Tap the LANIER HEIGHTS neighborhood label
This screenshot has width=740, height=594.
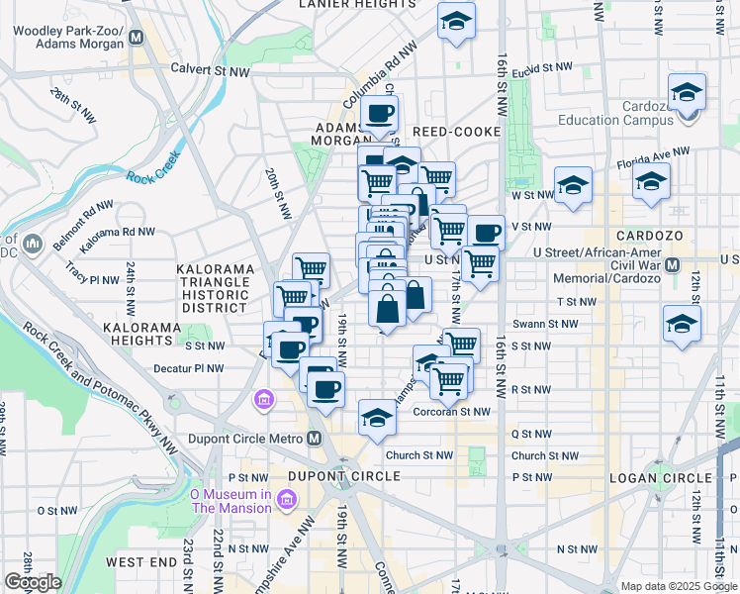[357, 5]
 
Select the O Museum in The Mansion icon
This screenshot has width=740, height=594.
[287, 501]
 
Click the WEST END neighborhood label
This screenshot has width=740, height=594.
[141, 562]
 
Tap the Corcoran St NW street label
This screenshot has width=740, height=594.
[451, 412]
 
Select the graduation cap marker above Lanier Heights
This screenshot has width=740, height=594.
[456, 21]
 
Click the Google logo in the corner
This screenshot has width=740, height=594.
[33, 582]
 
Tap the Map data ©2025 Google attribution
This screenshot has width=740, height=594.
[678, 586]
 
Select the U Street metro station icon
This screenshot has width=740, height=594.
[674, 265]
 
